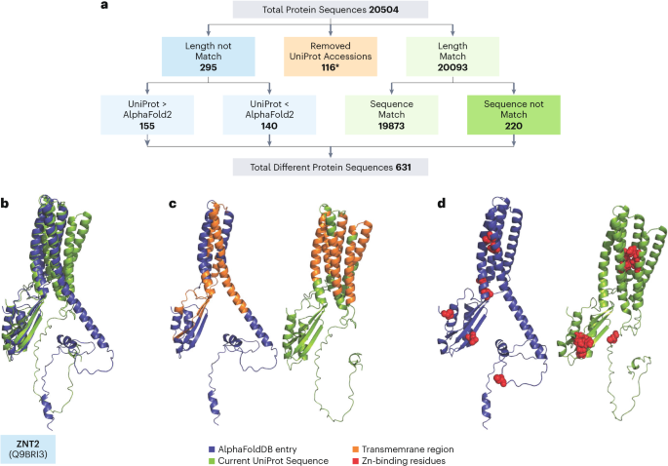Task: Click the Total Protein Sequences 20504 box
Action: tap(333, 11)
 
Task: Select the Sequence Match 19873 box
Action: tap(395, 113)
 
